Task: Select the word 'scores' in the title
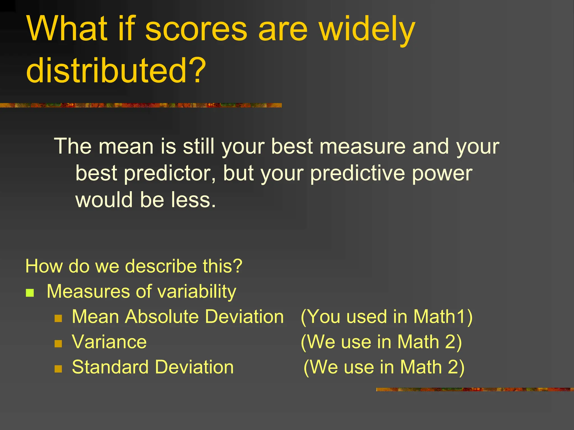(x=196, y=29)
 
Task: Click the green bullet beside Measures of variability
(x=30, y=293)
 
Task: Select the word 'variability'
(x=197, y=292)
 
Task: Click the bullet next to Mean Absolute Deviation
(x=58, y=318)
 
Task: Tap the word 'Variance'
(x=109, y=342)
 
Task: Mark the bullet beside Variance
(x=58, y=343)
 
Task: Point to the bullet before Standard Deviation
(x=58, y=369)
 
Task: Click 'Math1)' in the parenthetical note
(x=443, y=317)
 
